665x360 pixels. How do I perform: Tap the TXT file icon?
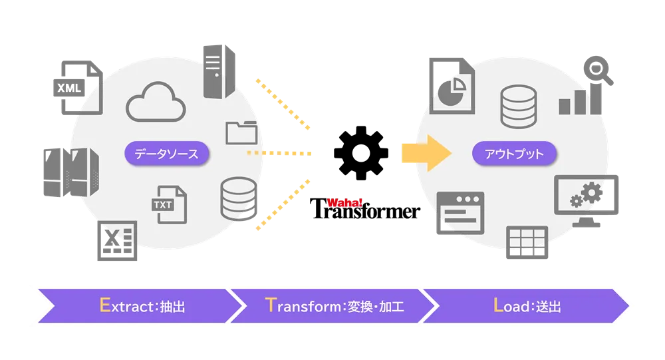(x=170, y=204)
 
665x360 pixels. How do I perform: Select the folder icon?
(x=241, y=132)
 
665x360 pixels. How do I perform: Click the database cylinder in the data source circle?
(x=238, y=198)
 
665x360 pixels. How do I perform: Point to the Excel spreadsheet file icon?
(x=117, y=243)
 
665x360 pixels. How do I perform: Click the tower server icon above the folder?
(x=220, y=71)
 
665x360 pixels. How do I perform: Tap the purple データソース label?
(x=166, y=154)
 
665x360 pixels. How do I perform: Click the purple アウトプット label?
(x=514, y=154)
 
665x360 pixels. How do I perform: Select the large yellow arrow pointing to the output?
(x=426, y=152)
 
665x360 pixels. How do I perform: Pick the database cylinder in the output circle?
(x=517, y=106)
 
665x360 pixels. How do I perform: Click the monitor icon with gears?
(x=587, y=197)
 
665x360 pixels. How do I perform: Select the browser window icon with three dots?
(x=460, y=214)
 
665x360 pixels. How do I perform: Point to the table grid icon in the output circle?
(x=527, y=242)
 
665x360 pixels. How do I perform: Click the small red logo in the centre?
(x=344, y=204)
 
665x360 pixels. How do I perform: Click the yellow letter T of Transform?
(x=269, y=305)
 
